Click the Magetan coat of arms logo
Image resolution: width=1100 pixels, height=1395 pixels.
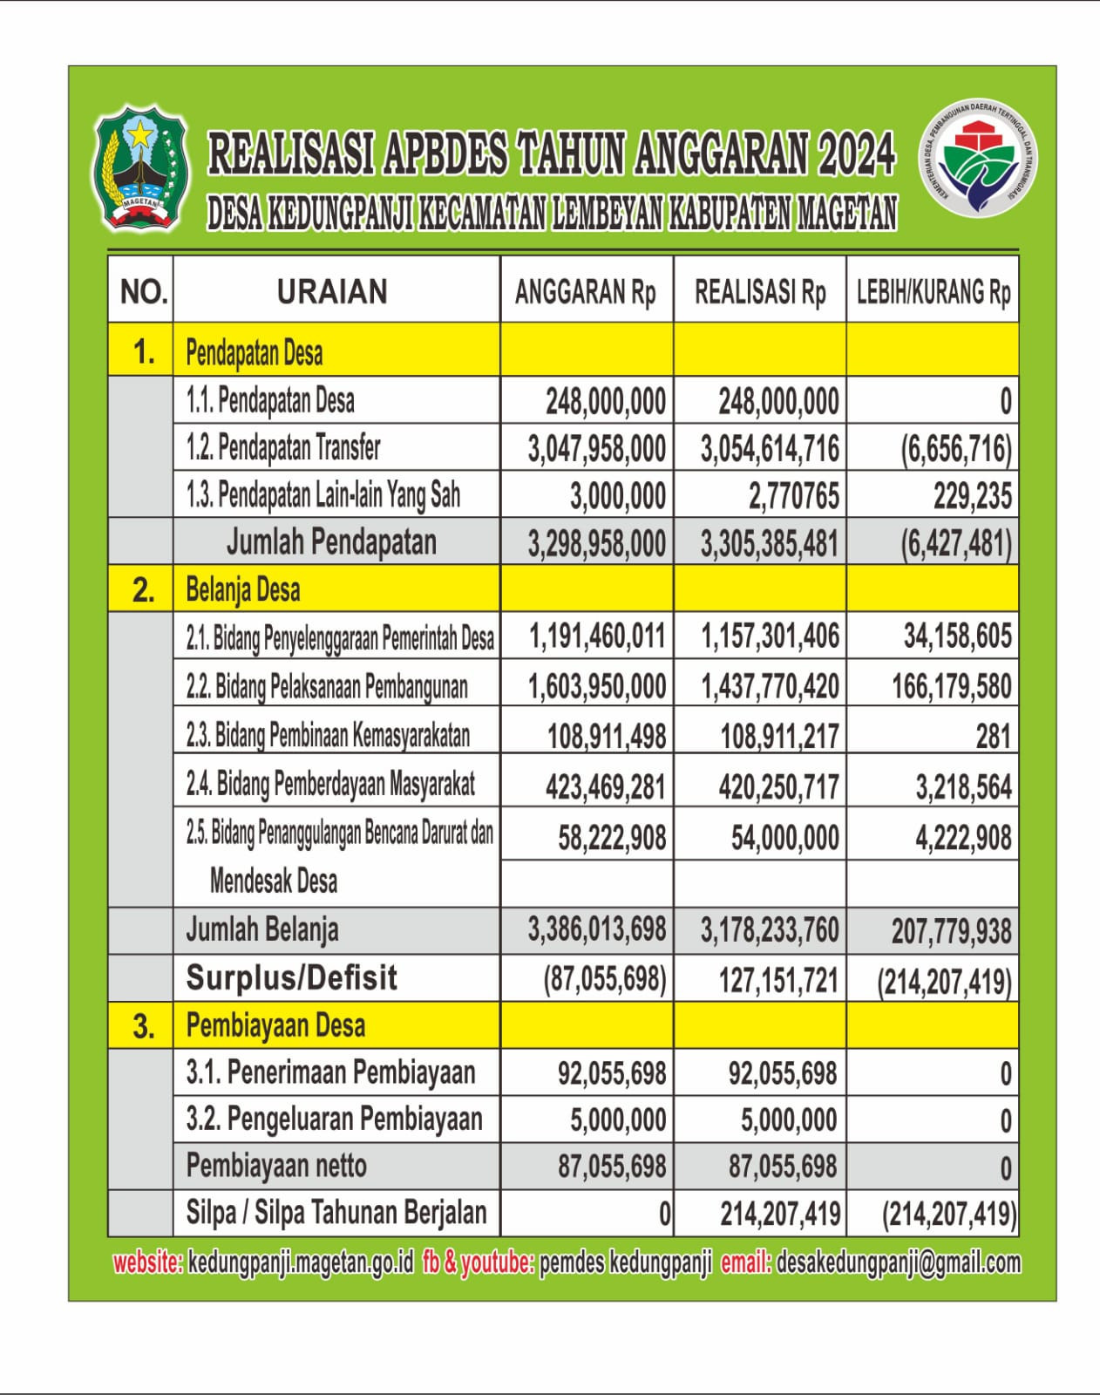click(x=140, y=169)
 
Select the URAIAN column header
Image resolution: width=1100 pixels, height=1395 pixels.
click(x=332, y=292)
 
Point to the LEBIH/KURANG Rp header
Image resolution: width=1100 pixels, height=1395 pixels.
click(x=933, y=292)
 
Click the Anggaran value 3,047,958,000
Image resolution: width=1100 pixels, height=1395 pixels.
click(x=597, y=449)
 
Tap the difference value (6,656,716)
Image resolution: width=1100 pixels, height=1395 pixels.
click(x=956, y=449)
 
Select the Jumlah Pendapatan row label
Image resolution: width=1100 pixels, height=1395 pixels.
click(x=331, y=542)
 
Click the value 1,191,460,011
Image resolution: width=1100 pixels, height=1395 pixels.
click(x=597, y=637)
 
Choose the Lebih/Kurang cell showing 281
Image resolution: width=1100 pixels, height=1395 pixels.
click(x=994, y=738)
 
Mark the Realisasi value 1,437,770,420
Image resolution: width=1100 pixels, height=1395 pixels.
click(x=770, y=687)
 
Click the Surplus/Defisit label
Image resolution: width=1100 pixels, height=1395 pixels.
click(x=291, y=978)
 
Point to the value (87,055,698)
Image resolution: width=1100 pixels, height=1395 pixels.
click(x=605, y=980)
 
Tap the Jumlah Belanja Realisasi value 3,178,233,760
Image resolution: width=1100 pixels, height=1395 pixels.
click(x=770, y=930)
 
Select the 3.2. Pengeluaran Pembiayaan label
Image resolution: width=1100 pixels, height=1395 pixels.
click(x=334, y=1119)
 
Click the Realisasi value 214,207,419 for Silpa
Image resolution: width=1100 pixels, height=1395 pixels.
click(x=780, y=1214)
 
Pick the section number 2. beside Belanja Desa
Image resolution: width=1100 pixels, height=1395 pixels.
click(x=143, y=590)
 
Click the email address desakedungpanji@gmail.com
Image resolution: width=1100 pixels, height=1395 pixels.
click(x=898, y=1262)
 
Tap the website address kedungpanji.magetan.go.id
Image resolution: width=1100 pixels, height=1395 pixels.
click(x=301, y=1262)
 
